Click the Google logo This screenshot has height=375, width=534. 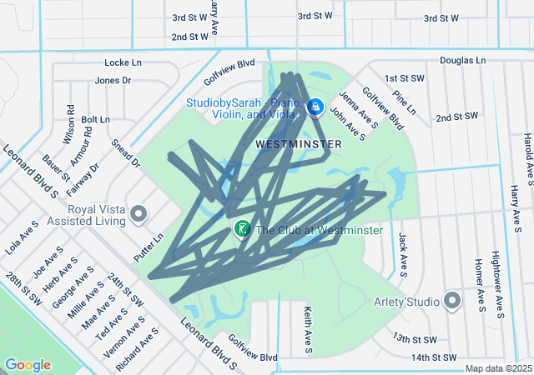pos(28,365)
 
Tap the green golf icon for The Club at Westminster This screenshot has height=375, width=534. pos(242,229)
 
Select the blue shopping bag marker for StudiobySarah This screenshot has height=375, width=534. pos(316,107)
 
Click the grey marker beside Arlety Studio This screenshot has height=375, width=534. pos(453,300)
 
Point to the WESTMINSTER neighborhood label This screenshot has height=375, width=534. pos(298,144)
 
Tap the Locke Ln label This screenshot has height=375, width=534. pos(123,62)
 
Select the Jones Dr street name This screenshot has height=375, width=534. pos(113,81)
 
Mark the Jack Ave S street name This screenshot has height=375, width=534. pos(403,254)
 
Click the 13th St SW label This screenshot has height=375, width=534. pos(415,339)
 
